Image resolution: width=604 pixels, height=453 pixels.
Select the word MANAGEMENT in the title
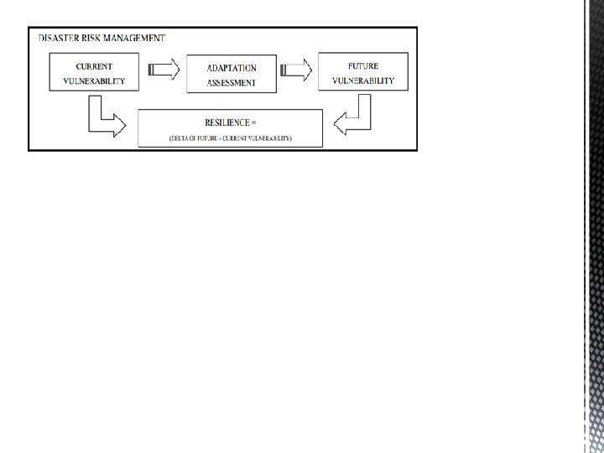[x=137, y=38]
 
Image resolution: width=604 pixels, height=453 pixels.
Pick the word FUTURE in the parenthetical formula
[x=209, y=138]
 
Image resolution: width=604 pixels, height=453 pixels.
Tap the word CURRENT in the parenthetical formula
[x=245, y=138]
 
